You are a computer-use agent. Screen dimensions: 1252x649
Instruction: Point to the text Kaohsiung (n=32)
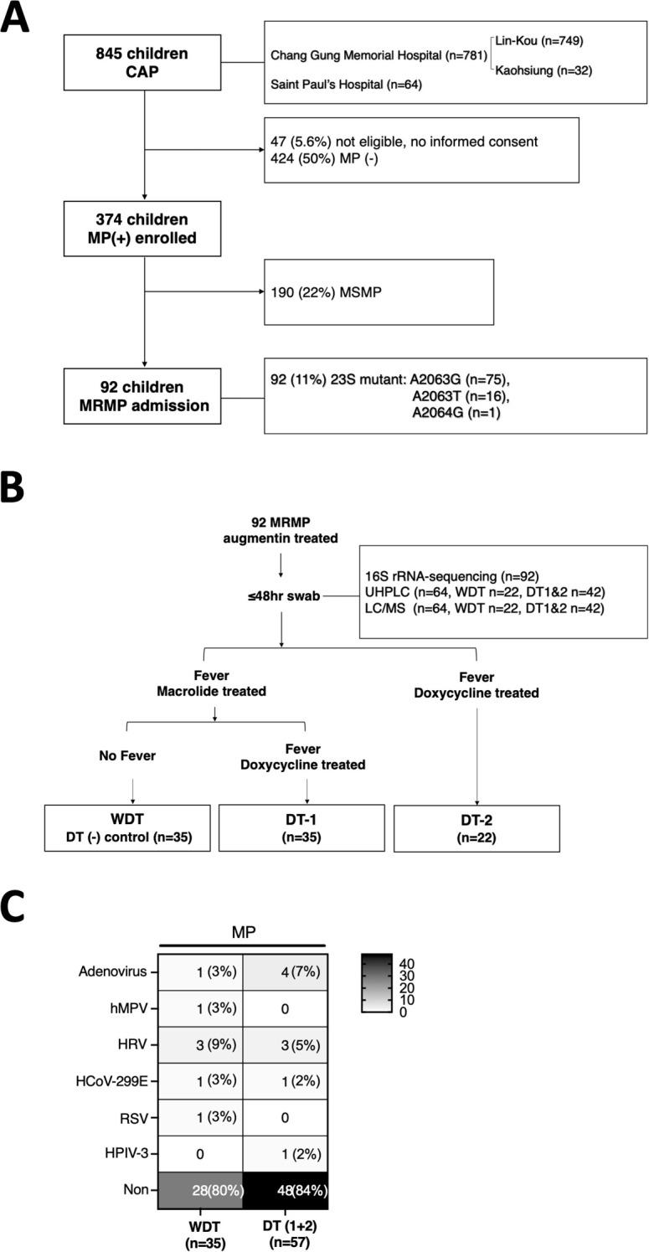[x=544, y=70]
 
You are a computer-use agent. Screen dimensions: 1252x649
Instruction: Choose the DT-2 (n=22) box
[x=476, y=827]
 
